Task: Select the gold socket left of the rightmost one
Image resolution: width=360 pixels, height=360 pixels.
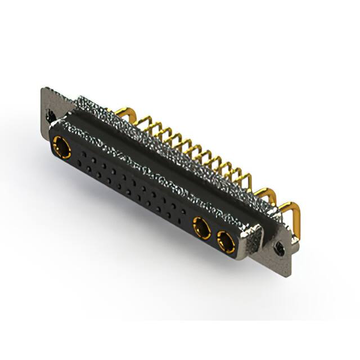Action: [x=201, y=227]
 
